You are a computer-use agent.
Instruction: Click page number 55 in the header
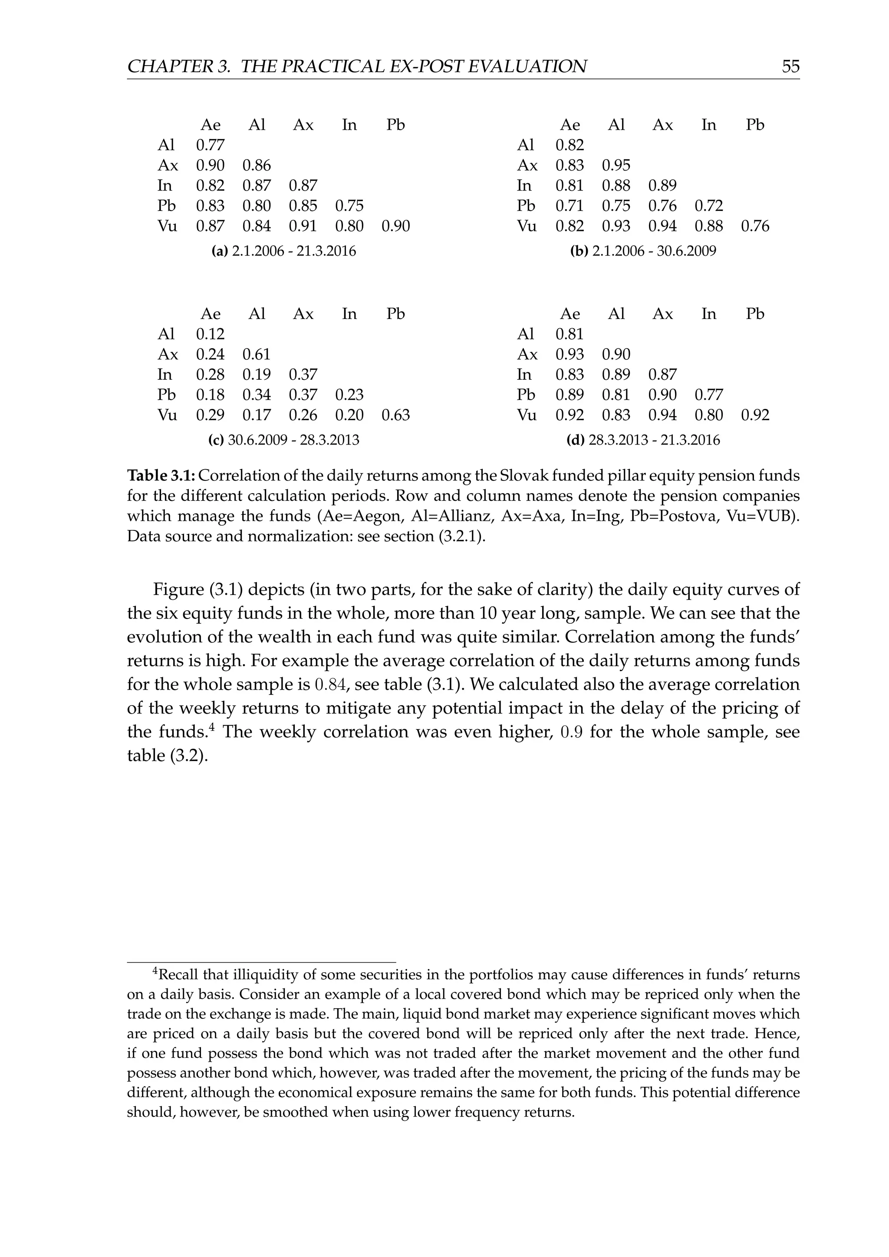(x=790, y=66)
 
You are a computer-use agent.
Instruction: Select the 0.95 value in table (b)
(x=616, y=165)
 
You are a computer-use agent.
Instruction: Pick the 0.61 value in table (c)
(x=256, y=354)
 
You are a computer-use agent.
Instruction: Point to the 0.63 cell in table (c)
(x=395, y=415)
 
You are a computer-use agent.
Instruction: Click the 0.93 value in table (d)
(x=570, y=354)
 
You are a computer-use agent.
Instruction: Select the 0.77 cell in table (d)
(x=708, y=395)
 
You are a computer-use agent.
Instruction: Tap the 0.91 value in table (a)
(x=303, y=226)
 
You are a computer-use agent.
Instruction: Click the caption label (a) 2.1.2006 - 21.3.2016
(x=283, y=251)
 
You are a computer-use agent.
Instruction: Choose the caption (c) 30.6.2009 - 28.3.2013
(x=283, y=440)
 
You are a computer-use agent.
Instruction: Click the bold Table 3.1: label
(x=161, y=476)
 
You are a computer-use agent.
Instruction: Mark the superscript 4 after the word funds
(x=217, y=727)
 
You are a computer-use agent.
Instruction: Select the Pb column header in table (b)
(x=754, y=125)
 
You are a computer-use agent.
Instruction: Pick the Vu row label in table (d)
(x=526, y=415)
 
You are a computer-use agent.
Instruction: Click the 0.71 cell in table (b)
(x=570, y=206)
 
